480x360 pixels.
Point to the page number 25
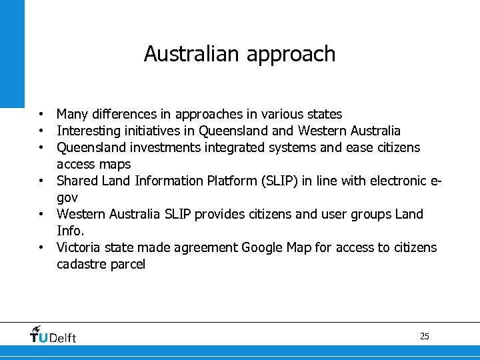425,336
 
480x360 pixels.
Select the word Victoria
79,247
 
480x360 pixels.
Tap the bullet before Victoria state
41,247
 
